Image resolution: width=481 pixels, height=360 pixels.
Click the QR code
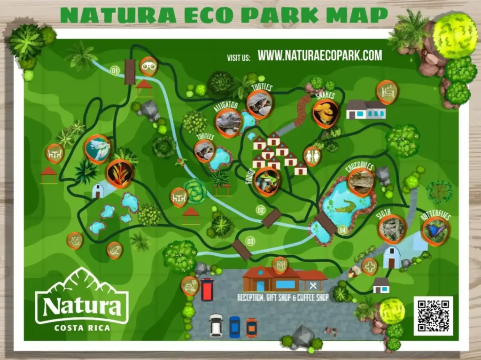(433, 315)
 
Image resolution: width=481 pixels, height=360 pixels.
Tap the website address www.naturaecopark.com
(320, 56)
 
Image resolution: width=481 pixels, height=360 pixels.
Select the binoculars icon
(149, 66)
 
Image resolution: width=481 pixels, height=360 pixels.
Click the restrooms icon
(312, 156)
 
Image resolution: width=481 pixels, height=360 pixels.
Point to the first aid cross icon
(370, 266)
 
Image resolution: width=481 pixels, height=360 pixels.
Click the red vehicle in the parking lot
(207, 289)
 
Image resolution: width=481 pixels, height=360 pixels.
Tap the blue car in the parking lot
(234, 327)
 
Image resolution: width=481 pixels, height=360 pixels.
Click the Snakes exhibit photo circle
(325, 113)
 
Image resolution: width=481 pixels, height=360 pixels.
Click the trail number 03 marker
(250, 241)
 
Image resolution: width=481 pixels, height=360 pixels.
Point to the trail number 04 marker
(342, 230)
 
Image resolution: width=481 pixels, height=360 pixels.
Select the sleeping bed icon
(387, 92)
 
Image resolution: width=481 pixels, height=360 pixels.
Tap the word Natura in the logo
(82, 306)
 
